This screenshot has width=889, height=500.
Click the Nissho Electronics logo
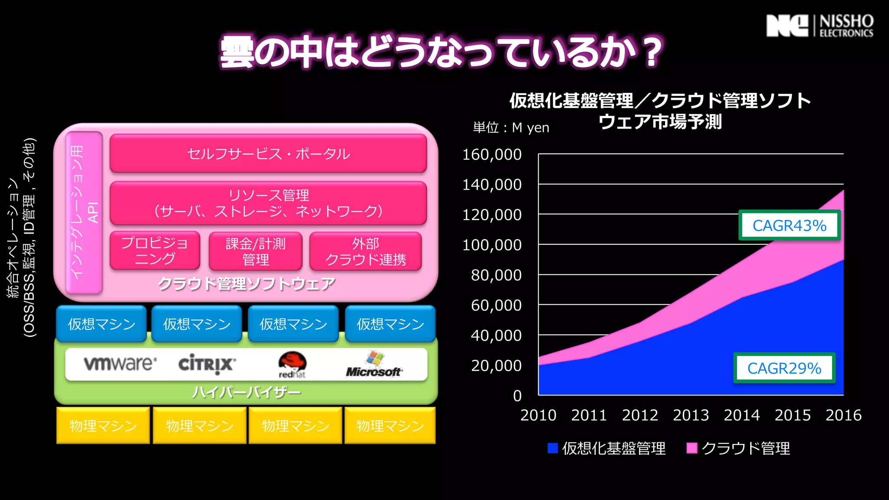(x=820, y=26)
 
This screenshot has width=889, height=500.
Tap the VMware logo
(x=120, y=363)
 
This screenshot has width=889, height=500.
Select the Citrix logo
(x=207, y=364)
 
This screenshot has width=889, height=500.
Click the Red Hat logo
(x=292, y=364)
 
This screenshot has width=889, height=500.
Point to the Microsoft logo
(x=374, y=365)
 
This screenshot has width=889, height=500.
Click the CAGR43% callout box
(x=789, y=225)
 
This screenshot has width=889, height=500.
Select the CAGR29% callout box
(x=784, y=368)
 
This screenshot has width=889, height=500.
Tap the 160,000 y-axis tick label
(x=491, y=155)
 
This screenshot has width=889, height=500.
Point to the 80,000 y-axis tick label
(x=496, y=275)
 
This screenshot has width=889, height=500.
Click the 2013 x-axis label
(x=691, y=415)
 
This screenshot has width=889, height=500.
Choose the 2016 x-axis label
(x=843, y=415)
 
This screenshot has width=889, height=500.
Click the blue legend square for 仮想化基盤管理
(x=553, y=448)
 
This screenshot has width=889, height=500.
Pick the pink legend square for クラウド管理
(x=691, y=448)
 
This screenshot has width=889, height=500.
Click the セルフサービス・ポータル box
(x=268, y=154)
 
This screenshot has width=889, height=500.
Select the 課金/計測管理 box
(x=255, y=251)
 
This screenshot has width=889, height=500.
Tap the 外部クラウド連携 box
(x=365, y=251)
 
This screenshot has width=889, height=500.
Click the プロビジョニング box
(x=155, y=251)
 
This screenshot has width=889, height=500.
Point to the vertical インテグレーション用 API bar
(x=84, y=212)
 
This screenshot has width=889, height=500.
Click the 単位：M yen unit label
(x=511, y=128)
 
